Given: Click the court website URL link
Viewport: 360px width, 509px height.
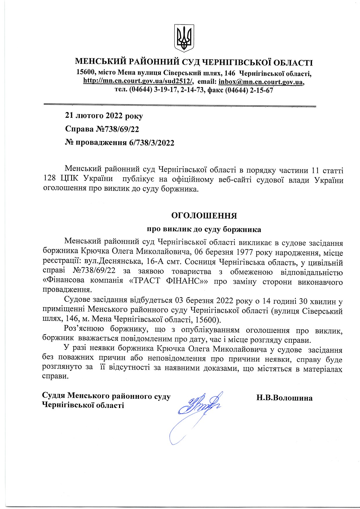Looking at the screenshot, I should (x=138, y=81).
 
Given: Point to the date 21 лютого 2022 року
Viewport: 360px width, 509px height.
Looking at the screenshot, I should (x=104, y=116).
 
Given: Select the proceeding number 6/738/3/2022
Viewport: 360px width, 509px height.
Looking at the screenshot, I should (x=152, y=143).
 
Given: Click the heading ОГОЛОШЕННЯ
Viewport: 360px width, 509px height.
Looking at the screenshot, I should (x=204, y=216).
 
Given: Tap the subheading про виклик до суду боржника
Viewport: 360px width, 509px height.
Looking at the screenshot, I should (x=204, y=230).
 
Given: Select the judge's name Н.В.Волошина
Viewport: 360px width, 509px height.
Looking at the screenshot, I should (x=284, y=398).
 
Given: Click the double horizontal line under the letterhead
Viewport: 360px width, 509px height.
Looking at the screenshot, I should (x=180, y=105).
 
